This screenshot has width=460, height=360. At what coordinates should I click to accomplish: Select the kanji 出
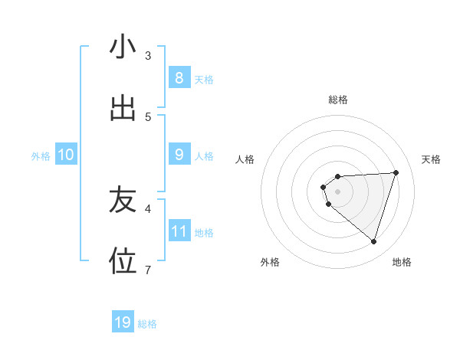(123, 108)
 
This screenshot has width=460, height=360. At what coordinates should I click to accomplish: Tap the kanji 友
(123, 201)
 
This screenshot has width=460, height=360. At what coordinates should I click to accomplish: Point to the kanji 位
(123, 261)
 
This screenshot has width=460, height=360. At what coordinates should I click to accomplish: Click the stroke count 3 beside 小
(148, 56)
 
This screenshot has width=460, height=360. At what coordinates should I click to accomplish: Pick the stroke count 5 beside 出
(148, 116)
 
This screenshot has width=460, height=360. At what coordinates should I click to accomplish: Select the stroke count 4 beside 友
(148, 208)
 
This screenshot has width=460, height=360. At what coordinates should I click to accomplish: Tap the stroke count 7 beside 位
(148, 269)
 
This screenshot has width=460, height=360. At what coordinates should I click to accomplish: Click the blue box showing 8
(179, 77)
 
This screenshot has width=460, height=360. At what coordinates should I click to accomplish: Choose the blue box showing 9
(179, 155)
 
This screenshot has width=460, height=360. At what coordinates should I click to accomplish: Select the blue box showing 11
(179, 231)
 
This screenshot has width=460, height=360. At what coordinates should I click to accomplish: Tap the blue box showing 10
(66, 155)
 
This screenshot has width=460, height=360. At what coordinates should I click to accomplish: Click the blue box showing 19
(123, 322)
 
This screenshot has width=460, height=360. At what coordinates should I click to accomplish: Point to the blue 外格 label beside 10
(41, 156)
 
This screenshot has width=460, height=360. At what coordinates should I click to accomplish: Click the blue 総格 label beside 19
(147, 324)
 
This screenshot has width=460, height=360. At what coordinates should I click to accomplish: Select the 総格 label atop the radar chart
(338, 100)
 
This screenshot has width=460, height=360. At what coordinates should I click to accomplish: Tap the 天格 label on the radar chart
(431, 159)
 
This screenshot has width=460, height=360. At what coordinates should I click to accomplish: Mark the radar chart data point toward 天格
(396, 172)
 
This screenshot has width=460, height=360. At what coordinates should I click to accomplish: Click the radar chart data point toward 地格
(373, 241)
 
